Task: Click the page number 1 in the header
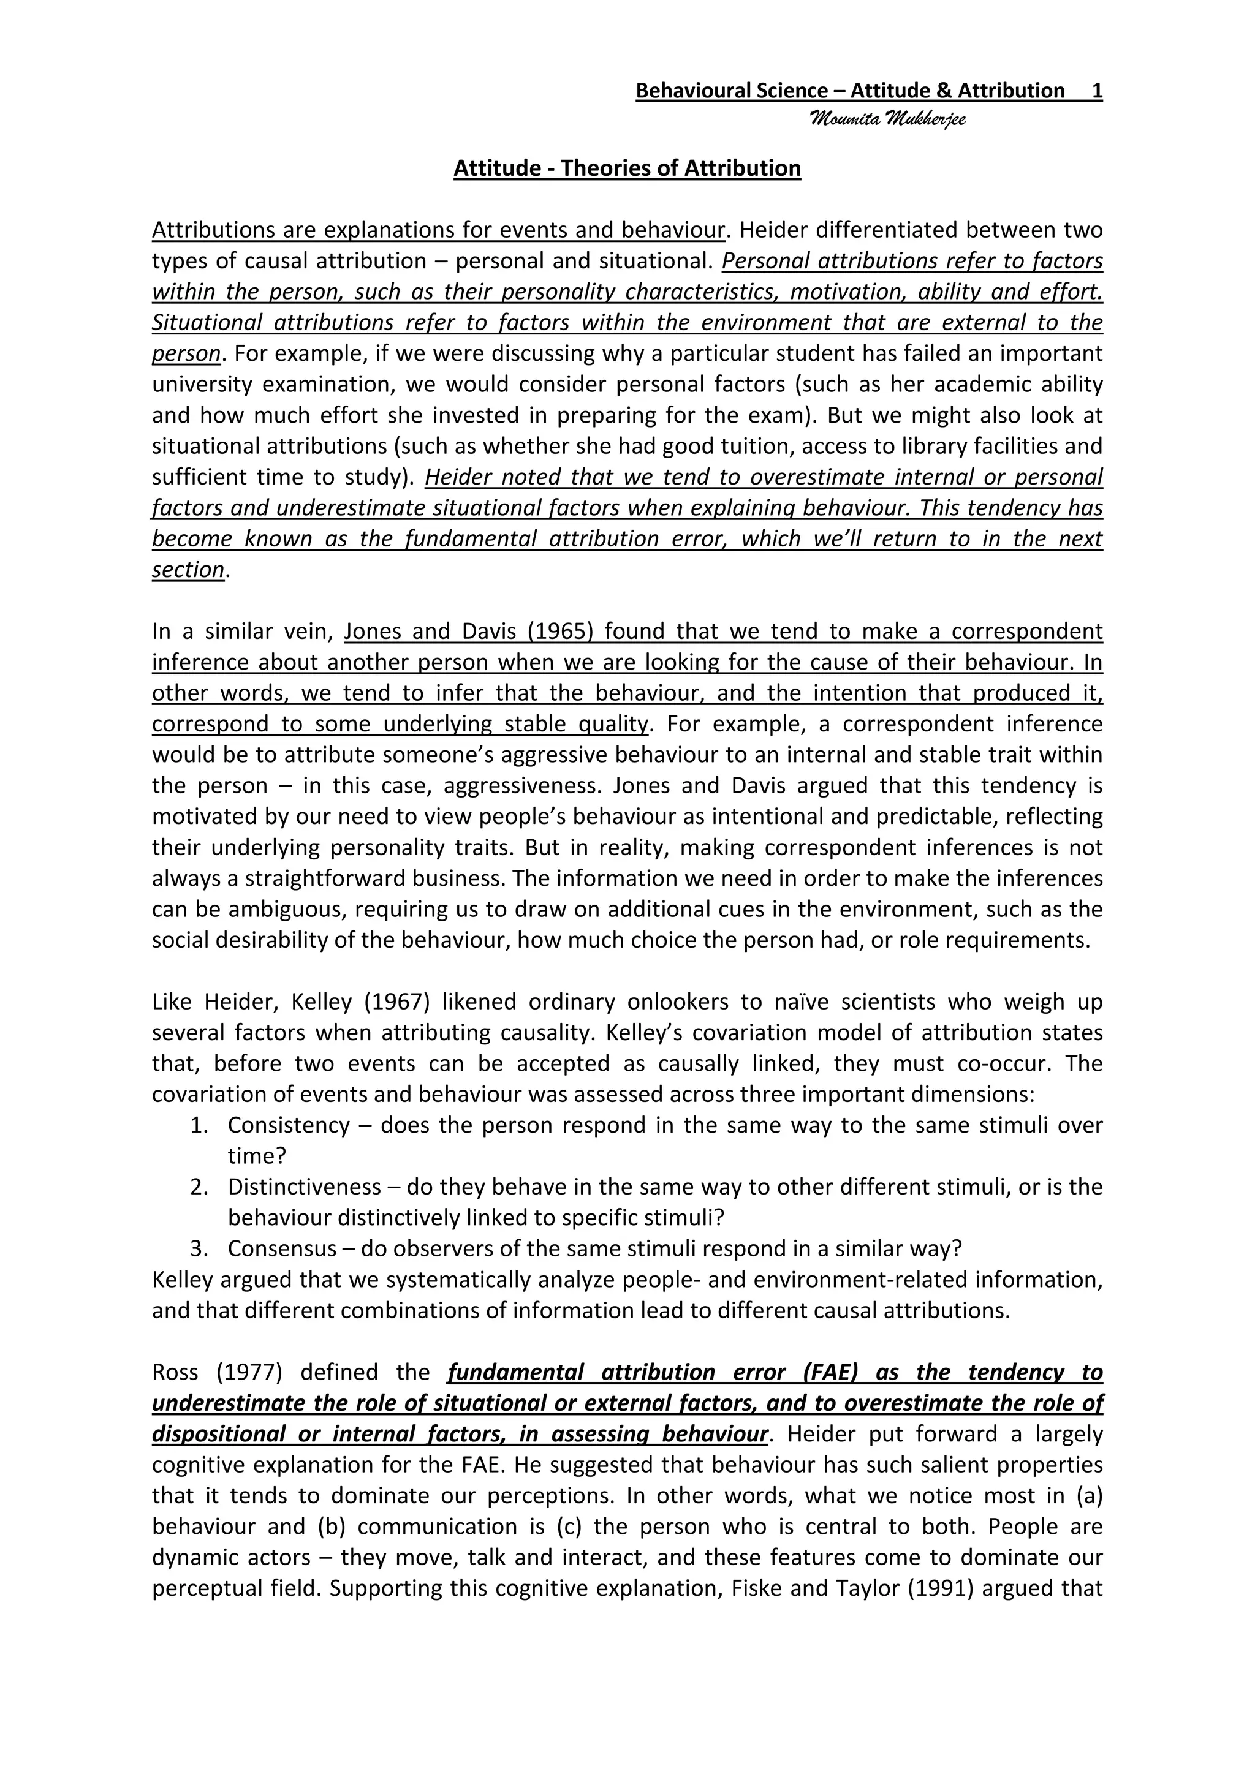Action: (1096, 91)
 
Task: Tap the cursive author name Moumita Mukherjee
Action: (887, 120)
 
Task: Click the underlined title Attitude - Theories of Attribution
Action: (627, 168)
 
